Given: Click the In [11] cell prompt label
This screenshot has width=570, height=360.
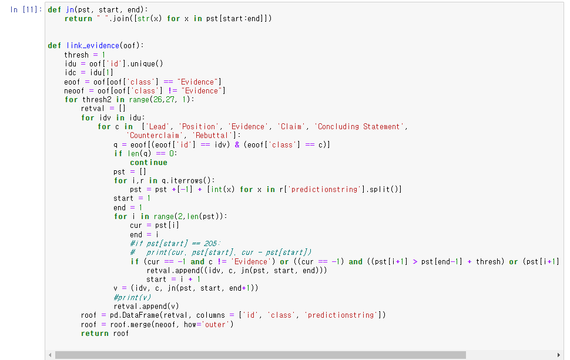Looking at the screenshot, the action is point(26,10).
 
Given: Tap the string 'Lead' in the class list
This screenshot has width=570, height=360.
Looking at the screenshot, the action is point(157,127).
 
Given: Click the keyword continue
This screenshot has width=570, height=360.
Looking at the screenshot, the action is point(149,163).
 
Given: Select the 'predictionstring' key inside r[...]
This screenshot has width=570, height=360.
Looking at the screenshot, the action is point(325,190).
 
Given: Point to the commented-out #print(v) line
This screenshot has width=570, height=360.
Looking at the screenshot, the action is point(133,297).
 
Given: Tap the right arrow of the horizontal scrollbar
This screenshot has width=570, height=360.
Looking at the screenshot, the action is point(558,355).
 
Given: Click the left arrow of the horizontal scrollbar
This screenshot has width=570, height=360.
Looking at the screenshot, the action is point(51,355).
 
